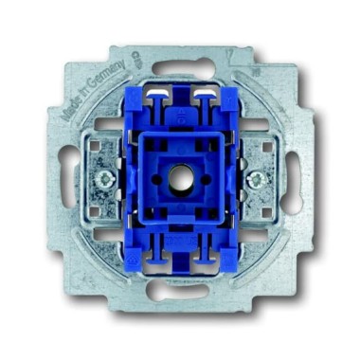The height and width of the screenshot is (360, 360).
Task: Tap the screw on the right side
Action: point(257,176)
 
